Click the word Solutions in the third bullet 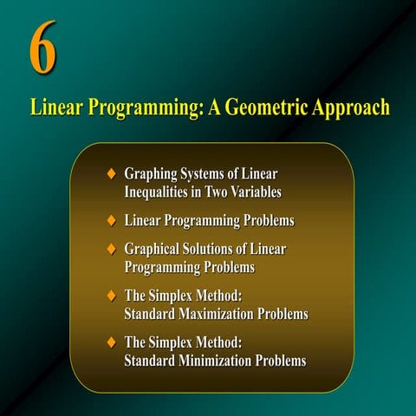pyautogui.click(x=222, y=250)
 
